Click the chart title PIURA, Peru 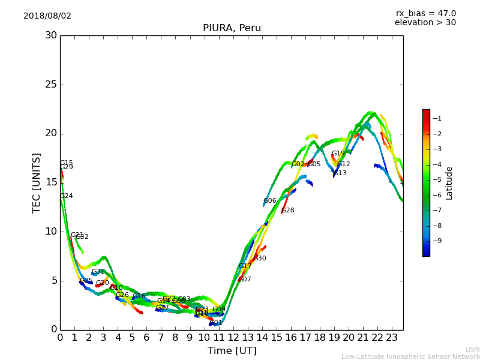(232, 28)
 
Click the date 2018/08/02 (47, 16)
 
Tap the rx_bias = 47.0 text (425, 14)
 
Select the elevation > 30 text (425, 23)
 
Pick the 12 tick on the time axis (233, 338)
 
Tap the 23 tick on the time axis (391, 338)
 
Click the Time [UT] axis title (232, 351)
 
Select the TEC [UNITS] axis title (37, 182)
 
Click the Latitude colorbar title (449, 183)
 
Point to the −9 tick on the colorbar (437, 241)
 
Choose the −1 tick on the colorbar (437, 119)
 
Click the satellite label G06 (269, 201)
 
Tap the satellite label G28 (288, 211)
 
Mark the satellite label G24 (67, 196)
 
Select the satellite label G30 (260, 259)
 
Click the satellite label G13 (340, 173)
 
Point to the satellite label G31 (98, 272)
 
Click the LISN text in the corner (472, 349)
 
